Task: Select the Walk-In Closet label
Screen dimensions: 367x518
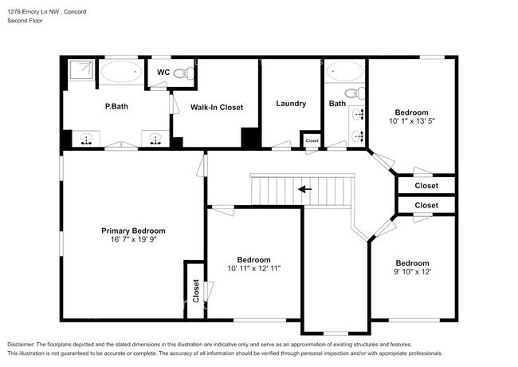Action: coord(216,107)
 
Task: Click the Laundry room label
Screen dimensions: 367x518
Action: coord(291,104)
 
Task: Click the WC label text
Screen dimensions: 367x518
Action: coord(163,73)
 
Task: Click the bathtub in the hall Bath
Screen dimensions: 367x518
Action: coord(345,73)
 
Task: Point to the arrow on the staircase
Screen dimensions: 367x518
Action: coord(304,190)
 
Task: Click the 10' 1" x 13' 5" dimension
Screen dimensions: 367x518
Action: coord(411,122)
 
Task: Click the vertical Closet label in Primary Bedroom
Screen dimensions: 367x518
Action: coord(195,291)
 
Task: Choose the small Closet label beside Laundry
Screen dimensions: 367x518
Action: coord(311,141)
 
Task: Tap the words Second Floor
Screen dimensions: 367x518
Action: coord(26,22)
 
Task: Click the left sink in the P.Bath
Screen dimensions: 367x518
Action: coord(86,139)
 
